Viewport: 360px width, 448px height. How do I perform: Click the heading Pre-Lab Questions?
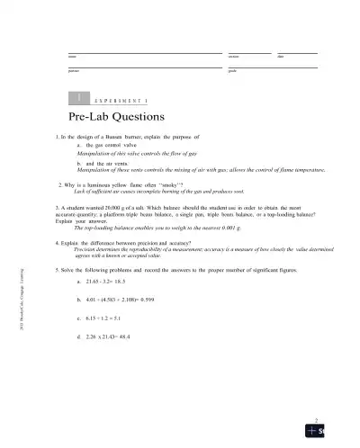pyautogui.click(x=115, y=117)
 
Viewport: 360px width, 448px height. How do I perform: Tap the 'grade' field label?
pyautogui.click(x=232, y=70)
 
